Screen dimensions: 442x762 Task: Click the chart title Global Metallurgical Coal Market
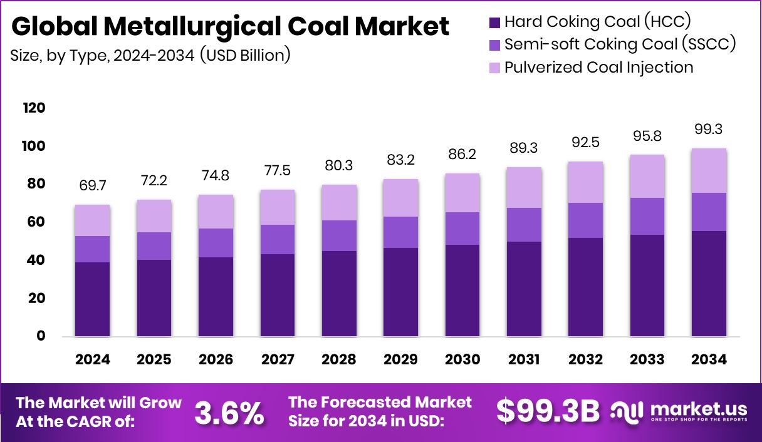point(230,26)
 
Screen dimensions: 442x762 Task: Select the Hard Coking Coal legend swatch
point(494,23)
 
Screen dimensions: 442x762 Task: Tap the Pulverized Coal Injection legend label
point(598,67)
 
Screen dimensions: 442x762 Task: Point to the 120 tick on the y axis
point(34,108)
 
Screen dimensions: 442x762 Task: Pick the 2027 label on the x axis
point(278,359)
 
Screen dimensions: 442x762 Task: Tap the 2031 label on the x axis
point(525,359)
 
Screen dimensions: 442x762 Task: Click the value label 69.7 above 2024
point(92,187)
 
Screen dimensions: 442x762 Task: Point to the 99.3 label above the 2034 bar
point(709,130)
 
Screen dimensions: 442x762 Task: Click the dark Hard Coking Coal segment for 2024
point(92,299)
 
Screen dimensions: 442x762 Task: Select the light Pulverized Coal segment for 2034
point(709,171)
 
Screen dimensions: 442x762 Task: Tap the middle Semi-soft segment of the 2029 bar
point(401,232)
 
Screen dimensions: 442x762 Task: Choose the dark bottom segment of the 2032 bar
point(586,287)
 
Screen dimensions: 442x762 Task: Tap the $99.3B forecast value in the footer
point(548,412)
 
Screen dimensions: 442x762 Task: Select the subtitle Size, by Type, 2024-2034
point(150,55)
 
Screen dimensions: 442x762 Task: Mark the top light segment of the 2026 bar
point(216,212)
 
